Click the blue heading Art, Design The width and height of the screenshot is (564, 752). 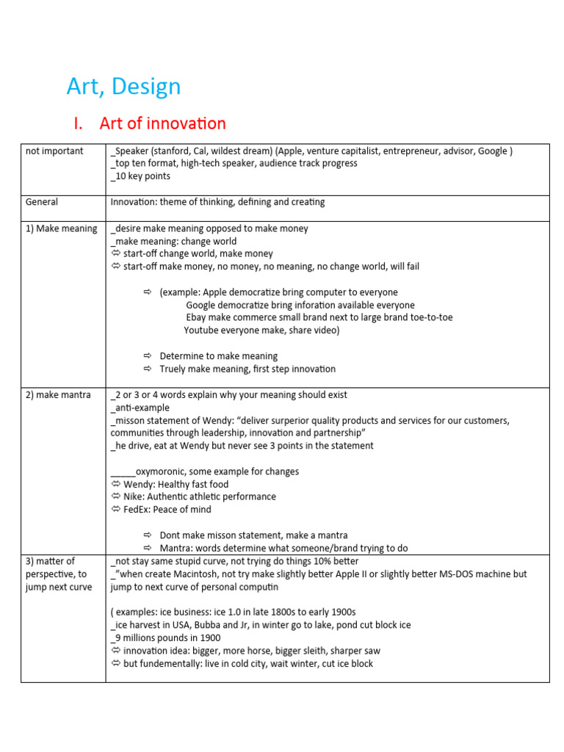tap(123, 87)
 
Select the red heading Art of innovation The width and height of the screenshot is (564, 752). tap(162, 123)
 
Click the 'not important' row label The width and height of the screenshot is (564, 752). tap(54, 151)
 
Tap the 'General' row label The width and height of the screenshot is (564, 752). tap(42, 202)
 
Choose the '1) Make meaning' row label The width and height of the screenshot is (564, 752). tap(62, 228)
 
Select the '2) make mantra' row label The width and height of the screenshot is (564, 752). tap(59, 395)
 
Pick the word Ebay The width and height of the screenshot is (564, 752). tap(198, 318)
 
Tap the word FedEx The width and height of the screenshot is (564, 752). tap(138, 510)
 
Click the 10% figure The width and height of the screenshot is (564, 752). tap(314, 561)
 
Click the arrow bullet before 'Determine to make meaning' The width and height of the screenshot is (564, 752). tap(147, 356)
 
